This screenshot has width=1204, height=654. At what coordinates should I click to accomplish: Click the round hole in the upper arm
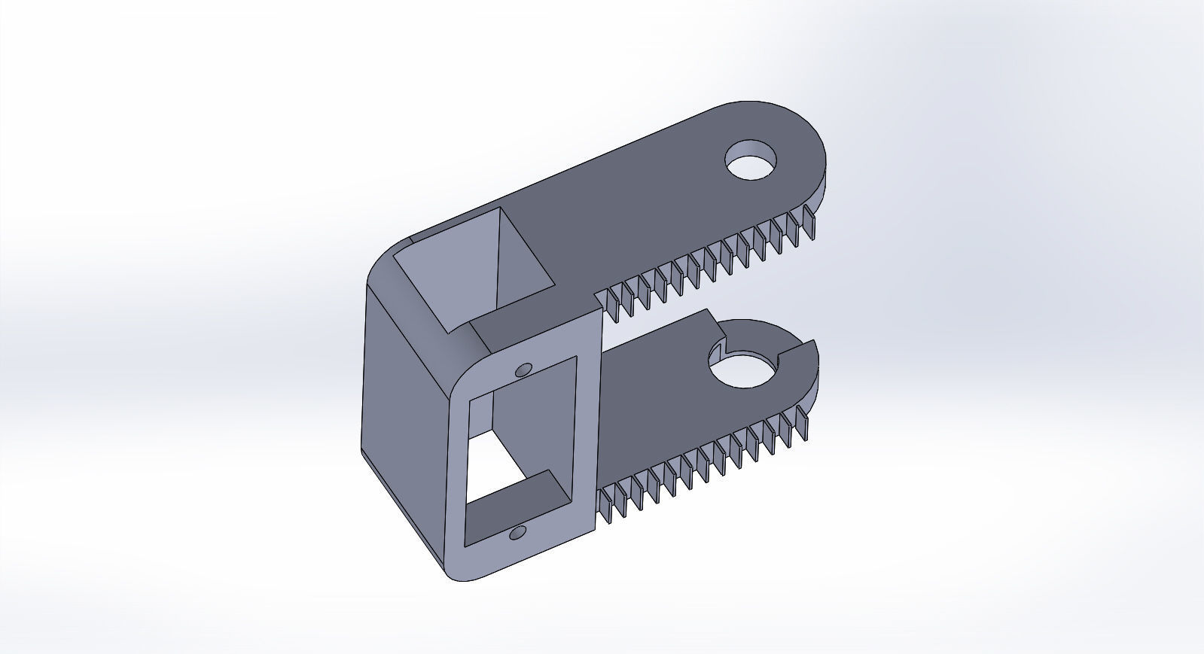click(x=751, y=160)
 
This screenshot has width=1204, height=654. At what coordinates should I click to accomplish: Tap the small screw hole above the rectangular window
click(x=521, y=370)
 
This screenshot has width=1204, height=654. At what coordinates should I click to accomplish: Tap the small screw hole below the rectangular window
click(x=517, y=534)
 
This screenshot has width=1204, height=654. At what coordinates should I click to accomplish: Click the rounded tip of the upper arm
click(x=814, y=151)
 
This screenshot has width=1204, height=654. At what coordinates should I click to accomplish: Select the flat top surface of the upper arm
click(x=640, y=203)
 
